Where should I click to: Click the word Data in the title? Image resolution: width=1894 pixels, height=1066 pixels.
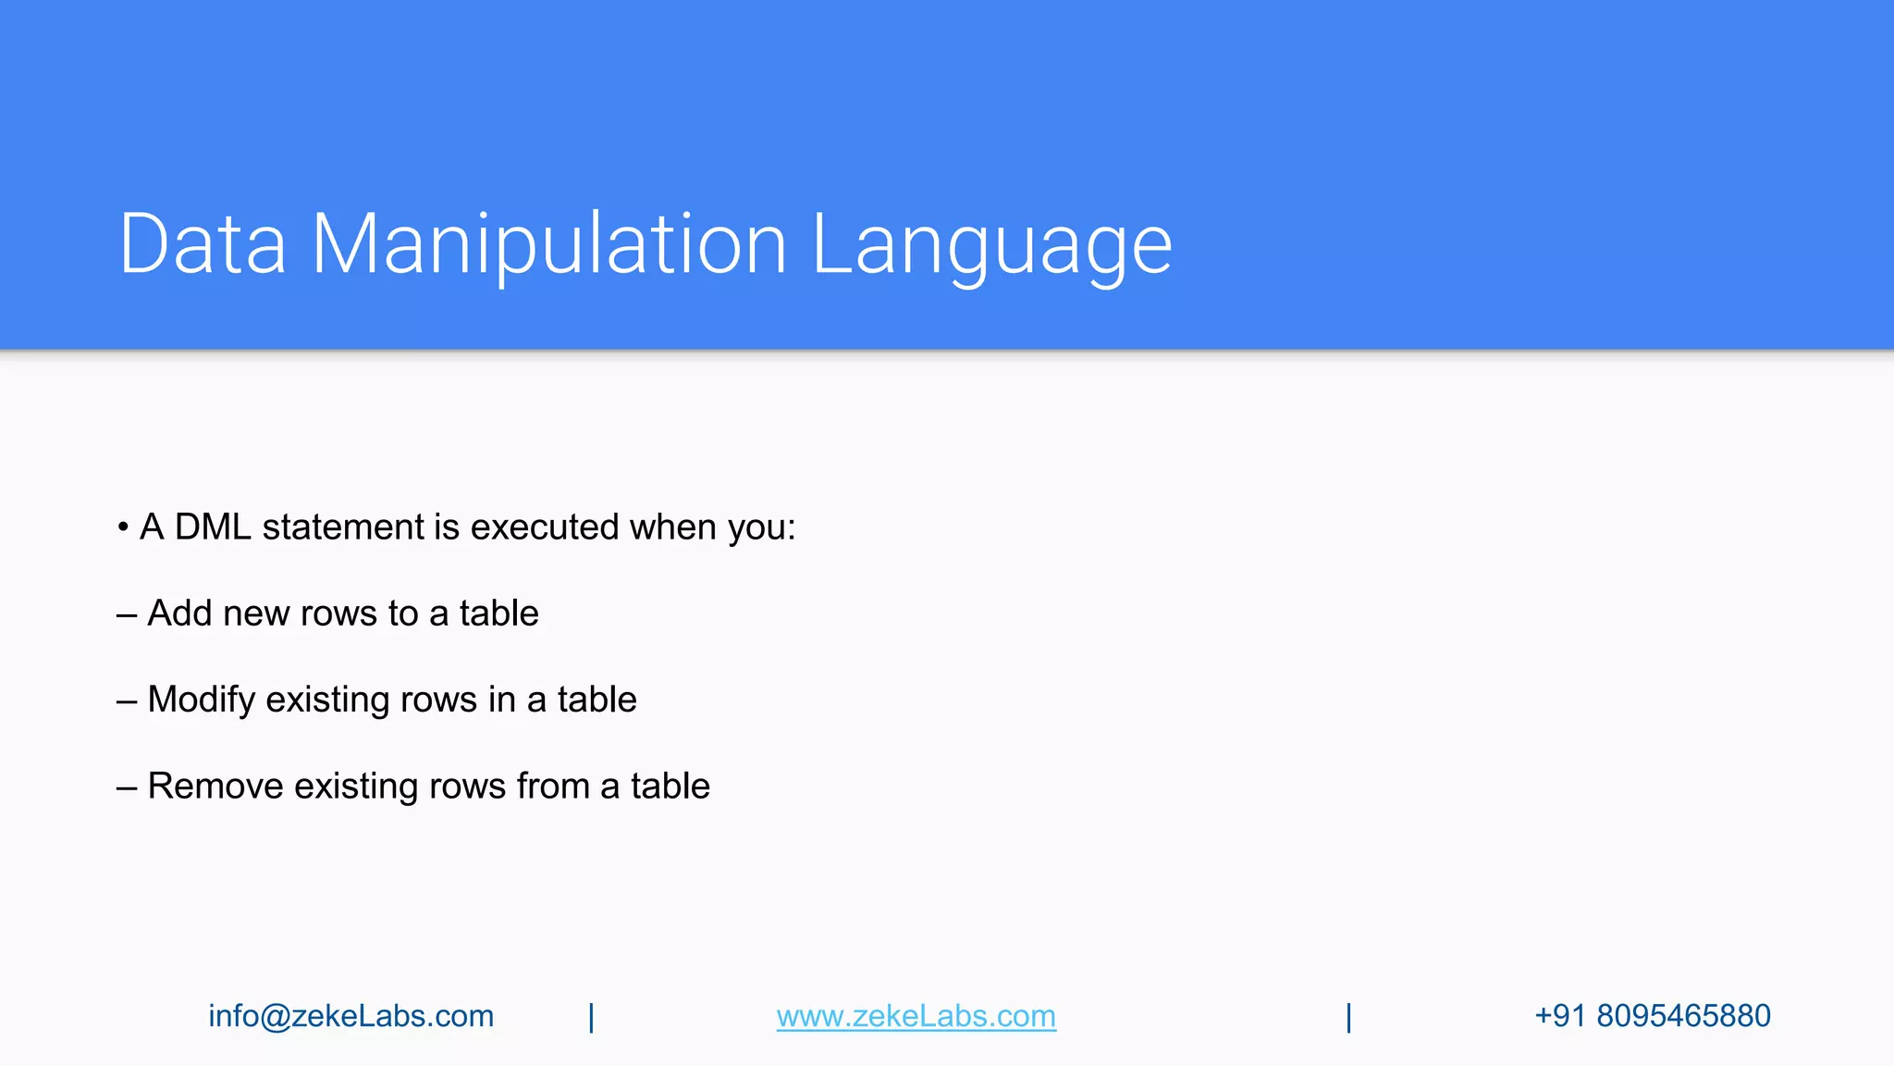203,244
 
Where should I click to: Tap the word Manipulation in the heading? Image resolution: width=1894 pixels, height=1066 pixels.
548,244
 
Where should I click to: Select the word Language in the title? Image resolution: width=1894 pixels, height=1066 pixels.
991,244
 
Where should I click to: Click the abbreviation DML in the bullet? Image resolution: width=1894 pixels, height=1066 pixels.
213,527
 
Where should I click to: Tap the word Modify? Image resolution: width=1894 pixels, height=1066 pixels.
201,700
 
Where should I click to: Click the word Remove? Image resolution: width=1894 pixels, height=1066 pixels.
215,787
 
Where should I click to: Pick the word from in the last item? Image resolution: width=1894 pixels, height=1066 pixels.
552,787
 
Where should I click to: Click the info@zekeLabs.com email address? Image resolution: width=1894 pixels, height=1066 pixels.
351,1016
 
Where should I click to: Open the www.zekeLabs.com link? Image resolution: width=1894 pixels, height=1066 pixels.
916,1016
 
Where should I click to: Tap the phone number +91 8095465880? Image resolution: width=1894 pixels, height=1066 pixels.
1652,1016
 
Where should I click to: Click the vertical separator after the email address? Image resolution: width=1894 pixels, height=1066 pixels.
592,1017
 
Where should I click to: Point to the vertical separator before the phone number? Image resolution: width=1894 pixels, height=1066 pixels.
1348,1017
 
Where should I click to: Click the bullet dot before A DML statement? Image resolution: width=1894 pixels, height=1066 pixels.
123,528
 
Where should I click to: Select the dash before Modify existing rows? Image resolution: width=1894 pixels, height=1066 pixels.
127,701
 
